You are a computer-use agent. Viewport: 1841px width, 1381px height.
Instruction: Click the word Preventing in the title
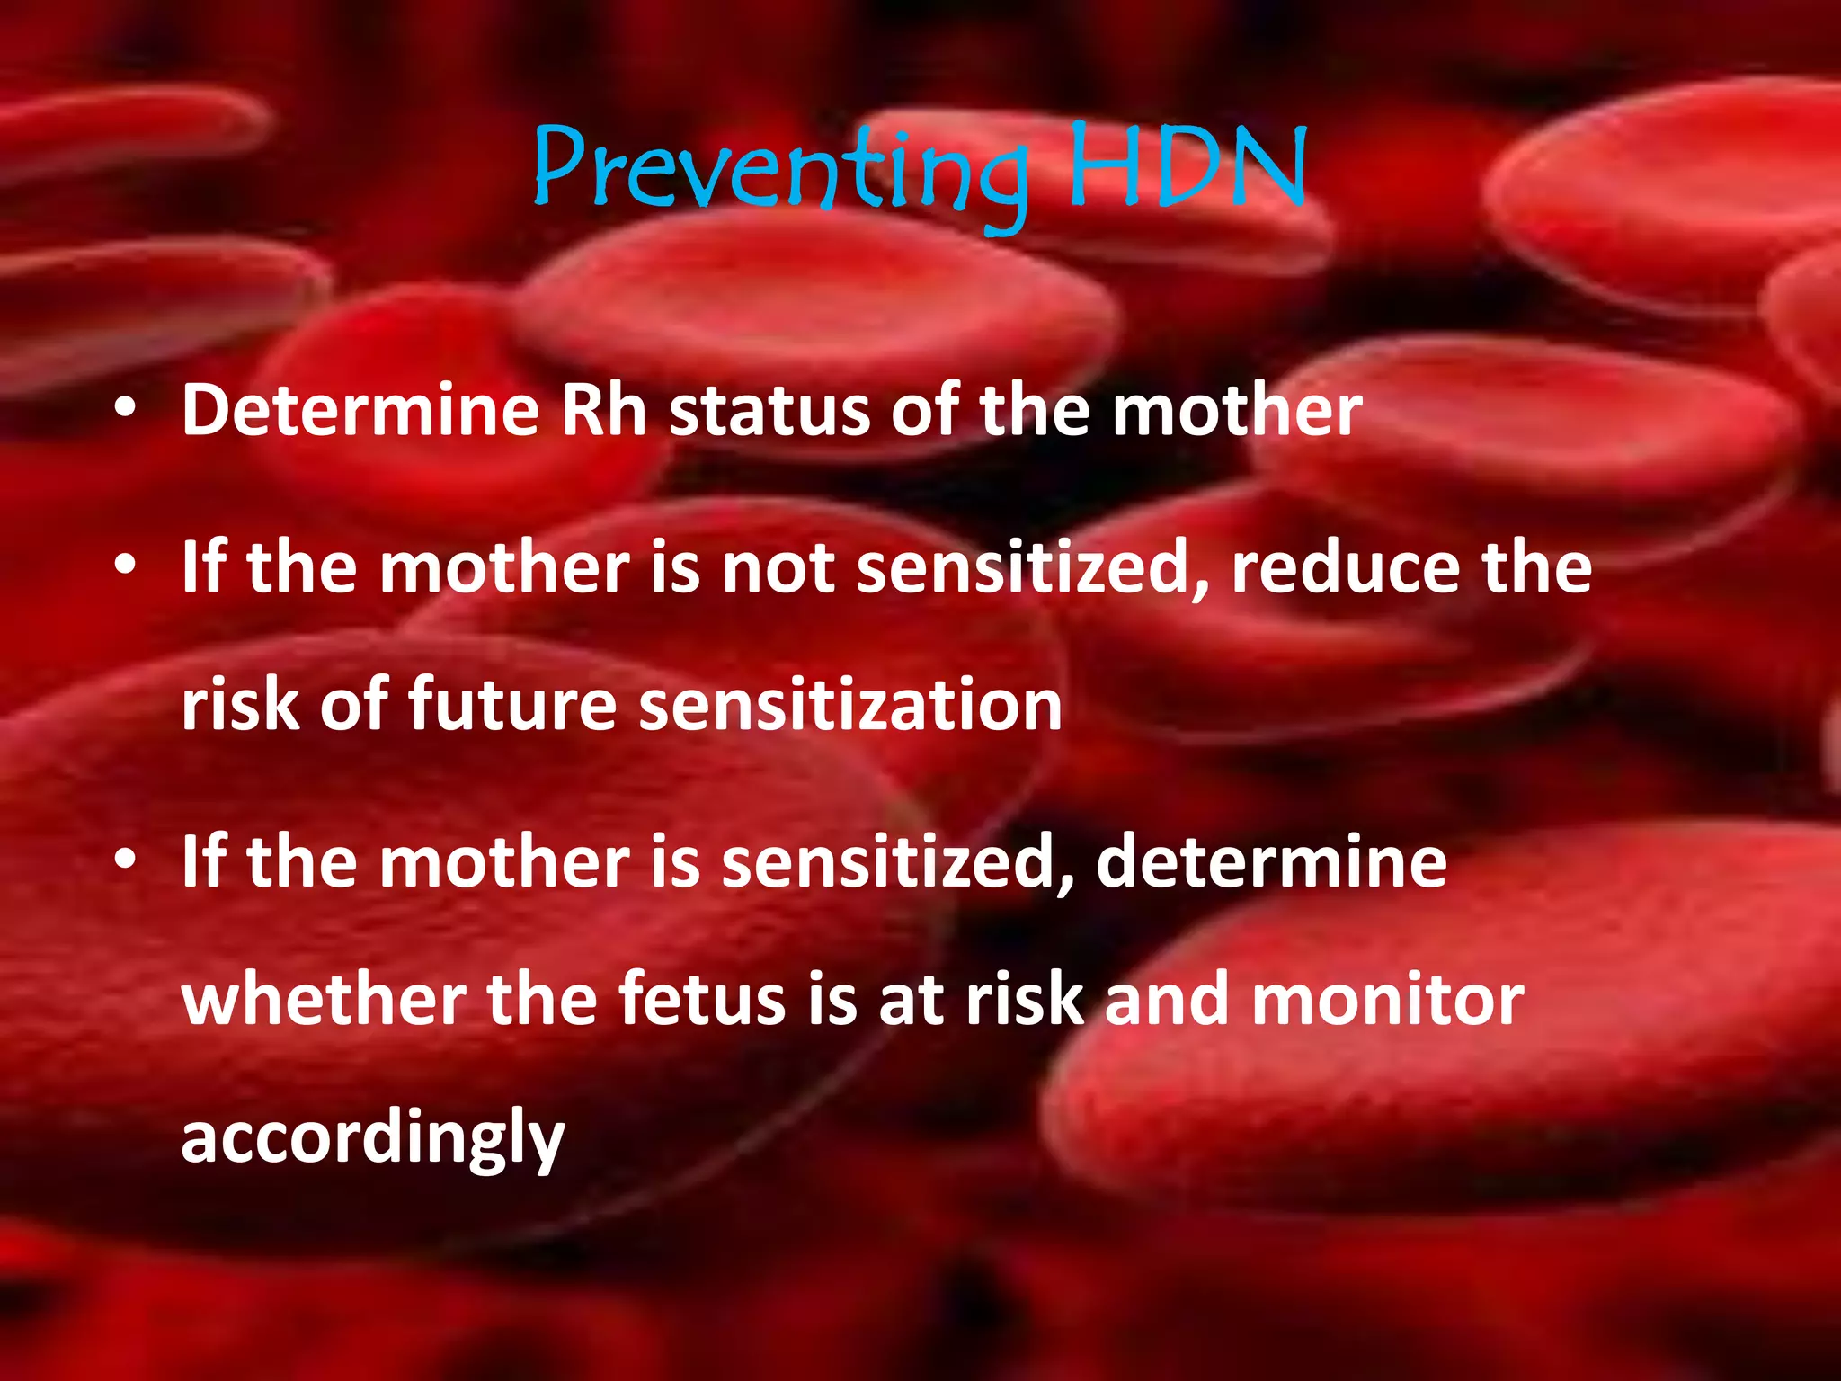coord(778,171)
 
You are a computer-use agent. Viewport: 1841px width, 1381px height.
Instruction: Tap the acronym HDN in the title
coord(1187,167)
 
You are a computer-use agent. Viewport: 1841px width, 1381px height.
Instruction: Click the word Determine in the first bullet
coord(360,411)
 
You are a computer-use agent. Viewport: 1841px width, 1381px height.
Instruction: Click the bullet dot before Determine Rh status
coord(125,410)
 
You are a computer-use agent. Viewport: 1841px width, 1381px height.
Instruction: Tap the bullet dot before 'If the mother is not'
coord(125,566)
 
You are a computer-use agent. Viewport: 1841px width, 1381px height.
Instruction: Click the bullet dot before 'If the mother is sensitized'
coord(125,860)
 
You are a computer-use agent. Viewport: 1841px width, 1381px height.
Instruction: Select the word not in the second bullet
coord(778,569)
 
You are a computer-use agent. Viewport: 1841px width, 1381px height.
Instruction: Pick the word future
coord(512,704)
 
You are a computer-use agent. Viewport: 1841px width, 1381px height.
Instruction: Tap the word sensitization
coord(850,704)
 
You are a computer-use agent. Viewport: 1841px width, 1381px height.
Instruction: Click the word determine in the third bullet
coord(1271,861)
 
